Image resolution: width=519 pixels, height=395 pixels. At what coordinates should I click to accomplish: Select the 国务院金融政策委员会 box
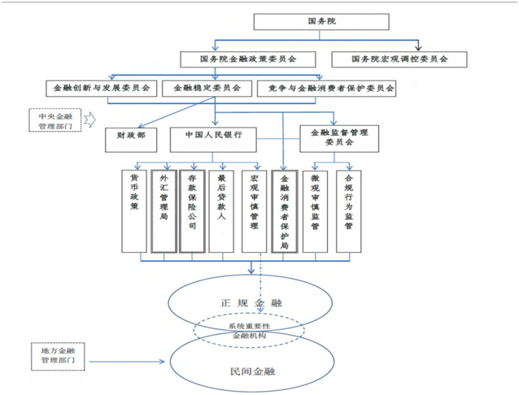tap(247, 59)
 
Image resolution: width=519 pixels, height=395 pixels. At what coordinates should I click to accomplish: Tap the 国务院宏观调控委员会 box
tap(400, 59)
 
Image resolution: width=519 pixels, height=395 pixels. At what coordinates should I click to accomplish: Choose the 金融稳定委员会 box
tap(207, 88)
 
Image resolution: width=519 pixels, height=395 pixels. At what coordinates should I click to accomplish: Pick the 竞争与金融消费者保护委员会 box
tap(325, 88)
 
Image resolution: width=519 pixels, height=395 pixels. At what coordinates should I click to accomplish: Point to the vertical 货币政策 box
tap(133, 210)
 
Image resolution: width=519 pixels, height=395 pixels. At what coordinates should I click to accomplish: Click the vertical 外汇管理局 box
tap(163, 210)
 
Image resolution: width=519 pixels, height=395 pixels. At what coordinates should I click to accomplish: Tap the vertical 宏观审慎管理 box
tap(254, 210)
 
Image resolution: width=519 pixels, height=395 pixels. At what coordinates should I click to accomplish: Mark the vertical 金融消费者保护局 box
tap(284, 210)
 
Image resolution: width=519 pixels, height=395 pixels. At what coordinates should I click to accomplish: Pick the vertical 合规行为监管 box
tap(348, 210)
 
